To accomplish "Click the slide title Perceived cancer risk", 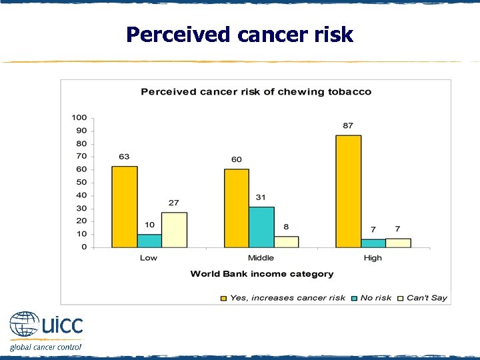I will click(x=239, y=34).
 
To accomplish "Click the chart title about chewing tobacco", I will click(x=256, y=91).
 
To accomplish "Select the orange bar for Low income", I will click(x=124, y=207).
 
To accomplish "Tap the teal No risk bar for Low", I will click(x=149, y=241).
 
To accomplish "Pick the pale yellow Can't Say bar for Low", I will click(x=174, y=230).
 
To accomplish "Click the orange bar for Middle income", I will click(x=236, y=208).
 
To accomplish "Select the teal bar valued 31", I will click(x=261, y=227).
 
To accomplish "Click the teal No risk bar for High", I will click(x=373, y=243).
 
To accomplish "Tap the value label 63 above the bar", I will click(x=124, y=157).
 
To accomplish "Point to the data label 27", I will click(x=174, y=203).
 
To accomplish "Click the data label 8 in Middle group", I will click(x=286, y=227).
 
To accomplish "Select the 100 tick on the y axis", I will click(x=79, y=117).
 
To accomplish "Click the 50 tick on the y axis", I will click(x=81, y=182).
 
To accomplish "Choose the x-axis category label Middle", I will click(x=261, y=258).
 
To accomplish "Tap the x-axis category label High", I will click(x=373, y=258).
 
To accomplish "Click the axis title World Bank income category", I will click(x=262, y=274).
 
